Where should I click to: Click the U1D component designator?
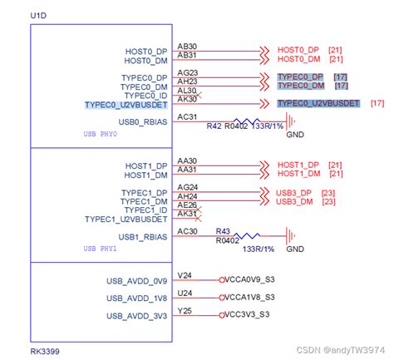point(38,15)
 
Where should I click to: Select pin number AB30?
point(187,47)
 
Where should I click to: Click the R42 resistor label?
point(214,126)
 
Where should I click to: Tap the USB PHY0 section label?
point(101,134)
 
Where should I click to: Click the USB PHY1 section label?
point(101,249)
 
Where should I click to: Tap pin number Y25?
point(185,311)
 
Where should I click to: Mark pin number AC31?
point(187,117)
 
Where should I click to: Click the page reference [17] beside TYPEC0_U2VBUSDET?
point(377,103)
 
